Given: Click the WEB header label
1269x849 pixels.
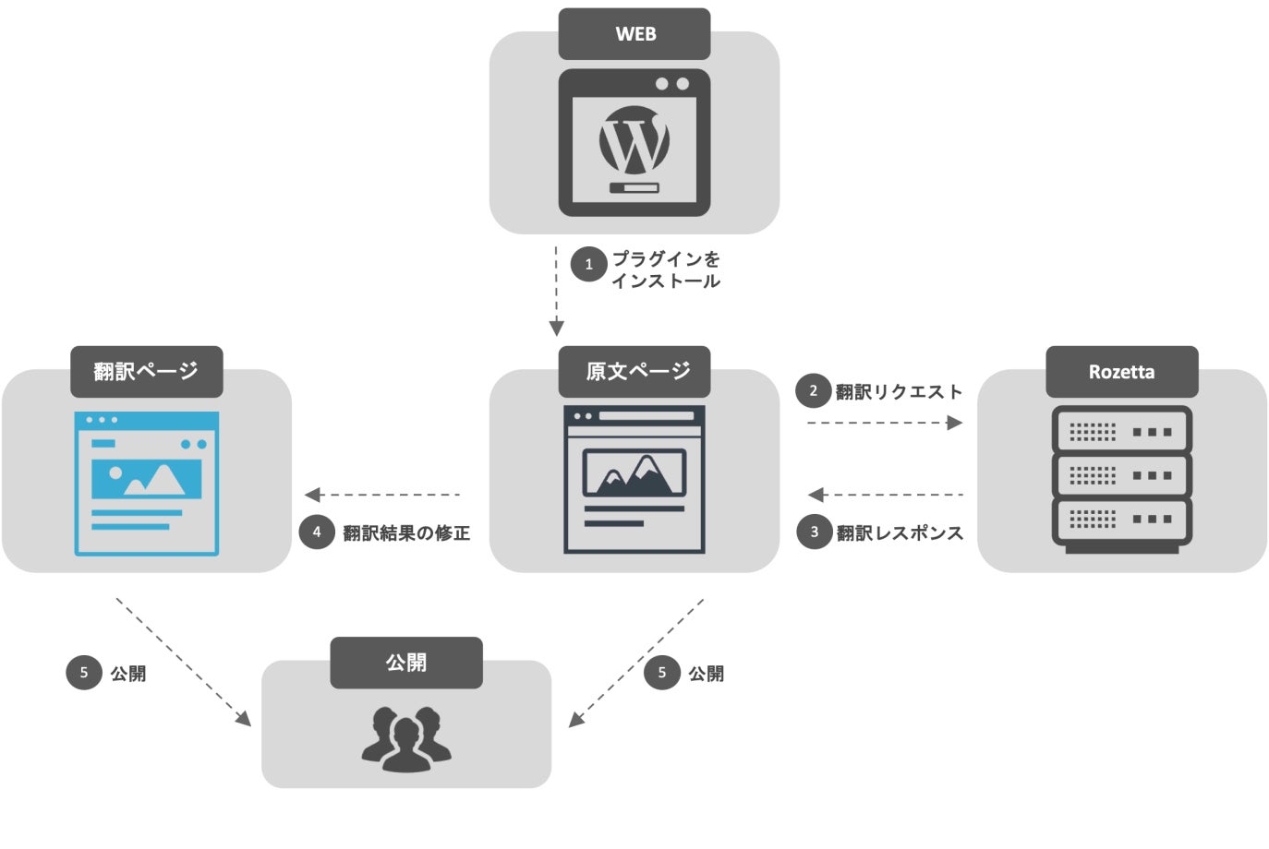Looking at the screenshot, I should tap(634, 34).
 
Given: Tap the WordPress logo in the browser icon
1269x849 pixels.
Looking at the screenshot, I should tap(634, 141).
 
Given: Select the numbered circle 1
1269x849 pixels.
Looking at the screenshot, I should tap(588, 264).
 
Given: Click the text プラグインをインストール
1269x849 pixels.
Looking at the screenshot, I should tap(665, 269).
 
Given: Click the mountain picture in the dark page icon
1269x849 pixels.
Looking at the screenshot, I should tap(634, 472).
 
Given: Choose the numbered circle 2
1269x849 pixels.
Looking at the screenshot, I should tap(813, 390).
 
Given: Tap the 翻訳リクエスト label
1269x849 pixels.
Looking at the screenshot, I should tap(899, 392).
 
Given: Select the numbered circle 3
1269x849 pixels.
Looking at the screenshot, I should tap(814, 532).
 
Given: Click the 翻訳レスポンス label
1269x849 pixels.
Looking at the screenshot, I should tap(900, 532).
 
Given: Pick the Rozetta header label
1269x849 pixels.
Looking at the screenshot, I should tap(1121, 372).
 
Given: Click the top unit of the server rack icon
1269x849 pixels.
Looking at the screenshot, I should tap(1121, 431).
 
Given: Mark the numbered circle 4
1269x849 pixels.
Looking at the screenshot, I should tap(316, 532).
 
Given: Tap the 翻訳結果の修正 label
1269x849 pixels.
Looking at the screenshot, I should tap(406, 532).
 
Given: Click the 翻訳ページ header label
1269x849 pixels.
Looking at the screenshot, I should tap(146, 372).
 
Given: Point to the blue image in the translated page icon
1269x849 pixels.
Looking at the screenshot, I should tap(146, 477).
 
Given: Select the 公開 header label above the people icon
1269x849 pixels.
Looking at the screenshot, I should tap(405, 663).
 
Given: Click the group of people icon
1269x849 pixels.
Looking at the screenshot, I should tap(406, 737).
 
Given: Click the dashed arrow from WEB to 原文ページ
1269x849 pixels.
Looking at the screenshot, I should tap(556, 291).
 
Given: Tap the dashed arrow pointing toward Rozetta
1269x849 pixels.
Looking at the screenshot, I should tap(885, 423).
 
